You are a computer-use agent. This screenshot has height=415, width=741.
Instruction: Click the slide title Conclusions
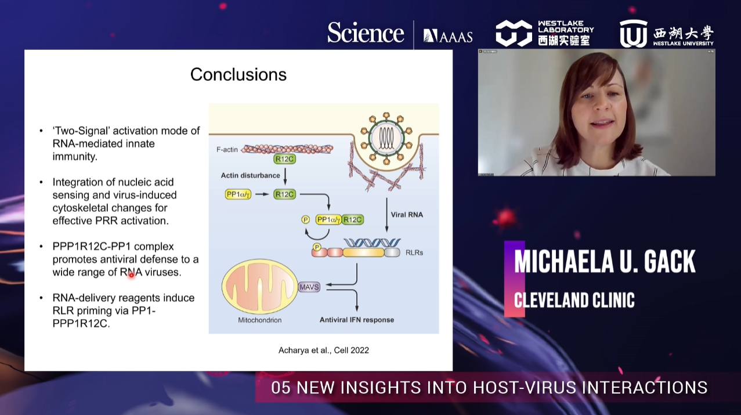coord(238,74)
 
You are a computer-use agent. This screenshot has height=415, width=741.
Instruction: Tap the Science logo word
coord(366,33)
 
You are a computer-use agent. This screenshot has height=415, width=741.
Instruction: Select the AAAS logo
coord(448,36)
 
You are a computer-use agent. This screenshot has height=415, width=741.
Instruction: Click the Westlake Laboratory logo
coord(544,34)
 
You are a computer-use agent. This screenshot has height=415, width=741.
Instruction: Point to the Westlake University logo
coord(666,34)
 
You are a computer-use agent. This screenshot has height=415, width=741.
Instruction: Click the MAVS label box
coord(309,287)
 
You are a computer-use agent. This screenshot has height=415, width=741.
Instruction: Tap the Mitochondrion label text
coord(259,320)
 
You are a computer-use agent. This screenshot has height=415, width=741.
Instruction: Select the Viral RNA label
coord(407,215)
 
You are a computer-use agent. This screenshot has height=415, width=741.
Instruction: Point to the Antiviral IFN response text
coord(357,320)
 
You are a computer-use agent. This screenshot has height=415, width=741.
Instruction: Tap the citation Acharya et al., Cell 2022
coord(323,350)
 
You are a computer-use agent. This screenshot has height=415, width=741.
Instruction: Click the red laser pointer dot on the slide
coord(131,274)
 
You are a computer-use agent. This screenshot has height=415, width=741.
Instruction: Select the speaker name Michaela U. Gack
coord(605,262)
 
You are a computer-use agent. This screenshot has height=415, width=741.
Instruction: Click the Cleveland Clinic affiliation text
coord(574,300)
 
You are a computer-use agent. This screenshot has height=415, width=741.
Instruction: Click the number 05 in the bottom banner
coord(280,388)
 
